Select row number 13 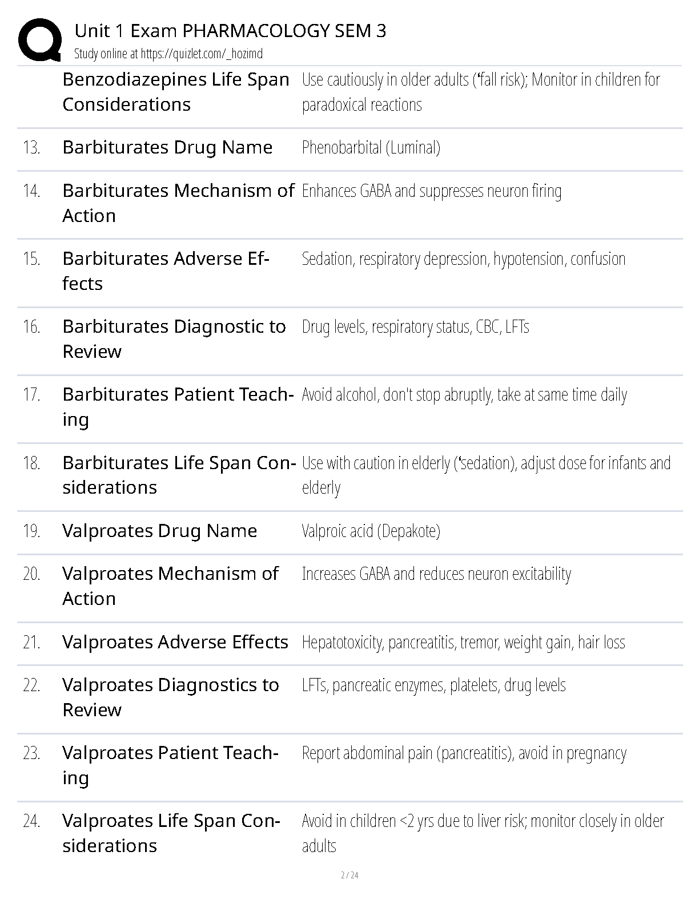tap(31, 148)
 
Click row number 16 tap(31, 327)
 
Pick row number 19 tap(31, 531)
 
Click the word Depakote tap(409, 531)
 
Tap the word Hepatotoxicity tap(342, 643)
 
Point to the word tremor tap(479, 643)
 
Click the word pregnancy tap(596, 753)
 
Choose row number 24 tap(31, 821)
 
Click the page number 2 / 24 tap(349, 875)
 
